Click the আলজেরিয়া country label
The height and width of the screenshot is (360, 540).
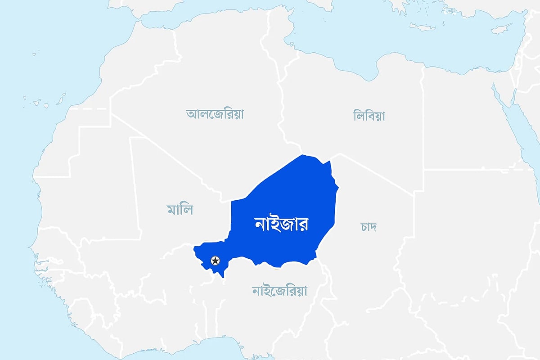click(x=215, y=114)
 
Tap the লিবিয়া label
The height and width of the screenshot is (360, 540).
click(x=369, y=116)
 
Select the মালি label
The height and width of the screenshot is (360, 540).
click(x=180, y=209)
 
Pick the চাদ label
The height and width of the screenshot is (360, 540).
click(x=369, y=226)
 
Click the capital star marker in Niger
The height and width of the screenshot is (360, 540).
click(x=216, y=260)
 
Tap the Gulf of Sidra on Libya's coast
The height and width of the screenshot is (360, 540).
click(x=367, y=67)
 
